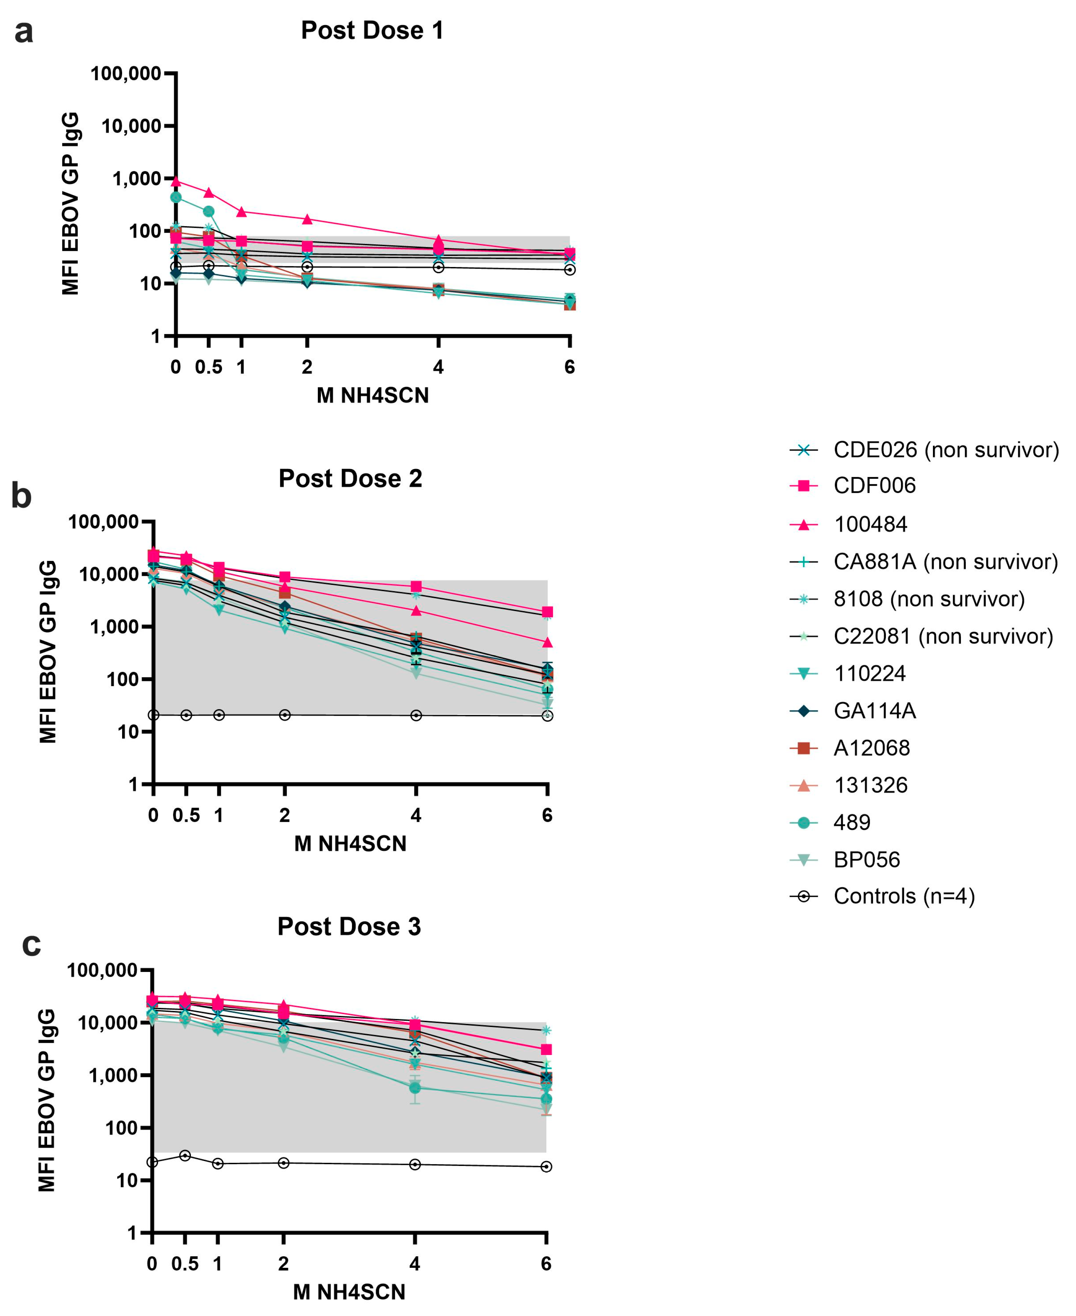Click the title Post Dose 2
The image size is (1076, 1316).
(x=350, y=478)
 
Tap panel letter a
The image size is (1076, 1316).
(x=24, y=32)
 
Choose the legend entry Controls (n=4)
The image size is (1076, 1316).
(x=904, y=896)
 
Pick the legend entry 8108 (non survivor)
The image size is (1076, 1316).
(x=928, y=599)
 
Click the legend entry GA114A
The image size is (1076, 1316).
(x=874, y=711)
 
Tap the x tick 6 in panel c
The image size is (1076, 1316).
(x=546, y=1263)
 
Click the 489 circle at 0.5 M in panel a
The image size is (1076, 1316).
(x=209, y=211)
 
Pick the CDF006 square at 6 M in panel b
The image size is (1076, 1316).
(x=547, y=612)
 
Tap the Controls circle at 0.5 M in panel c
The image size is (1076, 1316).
(x=185, y=1155)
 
